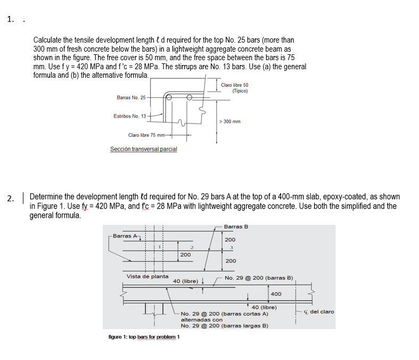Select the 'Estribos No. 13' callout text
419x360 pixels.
tap(129, 116)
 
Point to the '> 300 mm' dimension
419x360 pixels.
tap(230, 121)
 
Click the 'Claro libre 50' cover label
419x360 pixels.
tap(235, 85)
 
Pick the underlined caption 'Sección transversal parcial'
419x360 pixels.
tap(143, 149)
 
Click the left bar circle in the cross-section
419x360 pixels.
tap(169, 97)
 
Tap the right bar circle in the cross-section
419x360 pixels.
tap(188, 97)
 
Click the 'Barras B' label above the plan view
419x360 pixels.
tap(236, 227)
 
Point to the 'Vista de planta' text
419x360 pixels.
tap(147, 276)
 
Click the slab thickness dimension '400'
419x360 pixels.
tap(276, 294)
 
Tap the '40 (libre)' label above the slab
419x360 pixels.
tap(186, 281)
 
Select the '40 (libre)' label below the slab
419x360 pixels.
tap(264, 307)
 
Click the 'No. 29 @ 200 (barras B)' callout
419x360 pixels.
tap(259, 278)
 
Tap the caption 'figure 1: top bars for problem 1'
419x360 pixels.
tap(144, 337)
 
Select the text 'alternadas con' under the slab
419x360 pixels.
tap(198, 320)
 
